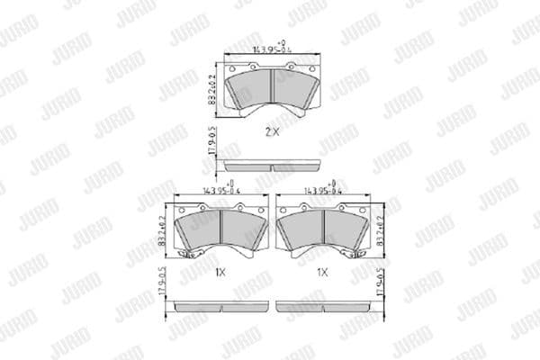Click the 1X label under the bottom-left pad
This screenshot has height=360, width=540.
(220, 271)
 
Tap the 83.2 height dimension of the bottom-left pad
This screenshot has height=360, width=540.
(163, 229)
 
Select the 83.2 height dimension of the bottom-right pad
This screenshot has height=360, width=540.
(381, 229)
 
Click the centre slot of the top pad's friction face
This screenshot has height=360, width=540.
(272, 86)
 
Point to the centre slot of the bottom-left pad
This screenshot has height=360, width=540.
(221, 229)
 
